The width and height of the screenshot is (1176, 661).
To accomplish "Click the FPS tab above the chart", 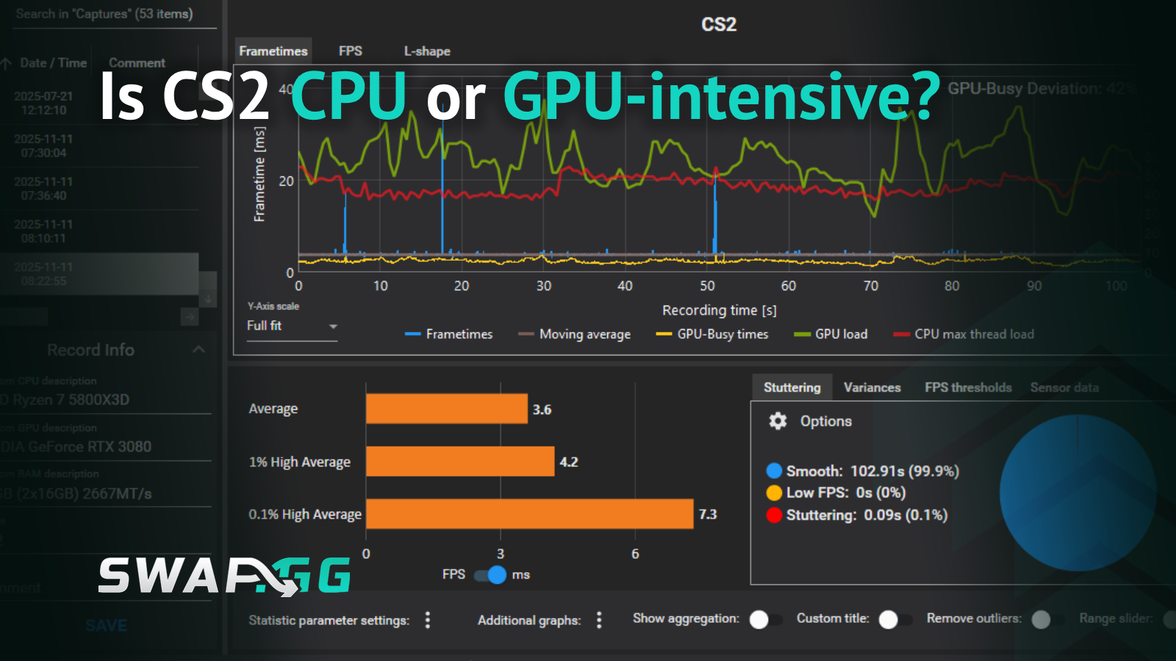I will click(350, 51).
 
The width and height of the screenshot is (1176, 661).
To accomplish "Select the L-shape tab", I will click(427, 51).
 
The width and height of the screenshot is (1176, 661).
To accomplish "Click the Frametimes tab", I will click(273, 51).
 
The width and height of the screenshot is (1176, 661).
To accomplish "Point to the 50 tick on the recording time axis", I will click(707, 286).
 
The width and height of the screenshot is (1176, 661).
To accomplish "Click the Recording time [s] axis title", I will click(719, 310).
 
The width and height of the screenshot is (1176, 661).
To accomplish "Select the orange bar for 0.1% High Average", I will click(529, 514).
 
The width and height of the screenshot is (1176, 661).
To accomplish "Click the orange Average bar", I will click(446, 409).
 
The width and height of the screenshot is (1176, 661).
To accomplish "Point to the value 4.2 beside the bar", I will click(569, 462).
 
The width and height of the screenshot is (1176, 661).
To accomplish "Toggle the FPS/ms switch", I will click(491, 574).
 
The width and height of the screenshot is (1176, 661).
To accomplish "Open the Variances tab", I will click(872, 387).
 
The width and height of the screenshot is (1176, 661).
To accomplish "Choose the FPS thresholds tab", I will click(968, 387).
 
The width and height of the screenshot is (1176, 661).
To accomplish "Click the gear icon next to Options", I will click(778, 421).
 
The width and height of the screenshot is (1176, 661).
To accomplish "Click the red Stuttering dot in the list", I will click(773, 515).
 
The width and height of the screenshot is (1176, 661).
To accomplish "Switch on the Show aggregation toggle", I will click(765, 619).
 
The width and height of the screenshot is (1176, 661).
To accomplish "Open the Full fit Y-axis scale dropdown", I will click(292, 326).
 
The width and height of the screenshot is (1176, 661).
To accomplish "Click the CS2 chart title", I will click(718, 24).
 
